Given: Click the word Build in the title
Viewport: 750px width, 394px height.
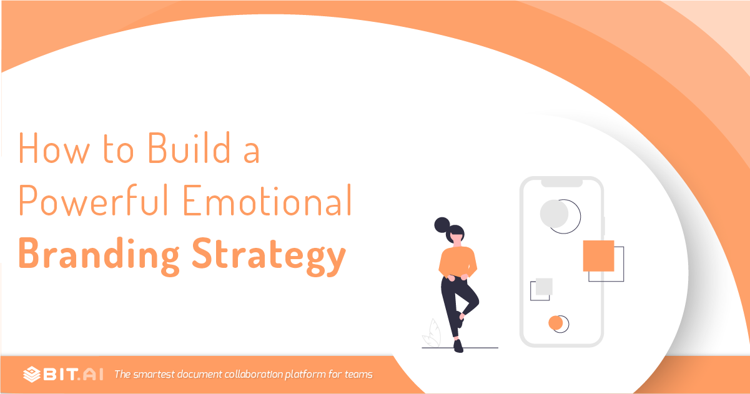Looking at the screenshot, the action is click(x=189, y=147).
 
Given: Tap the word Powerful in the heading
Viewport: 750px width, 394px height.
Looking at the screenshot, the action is click(x=94, y=200).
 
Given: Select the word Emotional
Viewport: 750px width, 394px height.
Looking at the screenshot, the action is click(x=267, y=200).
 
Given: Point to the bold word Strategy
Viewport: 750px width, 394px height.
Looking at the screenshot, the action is click(x=269, y=256).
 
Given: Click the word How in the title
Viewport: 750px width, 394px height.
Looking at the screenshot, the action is click(x=54, y=147).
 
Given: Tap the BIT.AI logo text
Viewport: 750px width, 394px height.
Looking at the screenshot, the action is click(x=73, y=374).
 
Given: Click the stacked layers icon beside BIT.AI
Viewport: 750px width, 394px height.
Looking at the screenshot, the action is click(x=32, y=374).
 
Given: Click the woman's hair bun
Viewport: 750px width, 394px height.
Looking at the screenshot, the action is click(x=442, y=225).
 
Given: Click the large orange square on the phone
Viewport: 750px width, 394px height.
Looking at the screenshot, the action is click(x=599, y=256).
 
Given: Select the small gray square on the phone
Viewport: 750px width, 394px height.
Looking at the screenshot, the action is click(x=544, y=287).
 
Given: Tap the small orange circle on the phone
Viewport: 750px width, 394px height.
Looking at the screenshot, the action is click(x=555, y=323).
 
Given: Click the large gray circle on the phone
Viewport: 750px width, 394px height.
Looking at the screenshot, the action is click(x=554, y=214).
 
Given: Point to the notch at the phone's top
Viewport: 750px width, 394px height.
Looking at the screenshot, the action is click(x=562, y=183).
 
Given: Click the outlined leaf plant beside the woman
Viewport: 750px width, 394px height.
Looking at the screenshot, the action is click(x=432, y=334).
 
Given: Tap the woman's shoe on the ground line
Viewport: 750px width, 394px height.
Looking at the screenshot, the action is click(x=458, y=347).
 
